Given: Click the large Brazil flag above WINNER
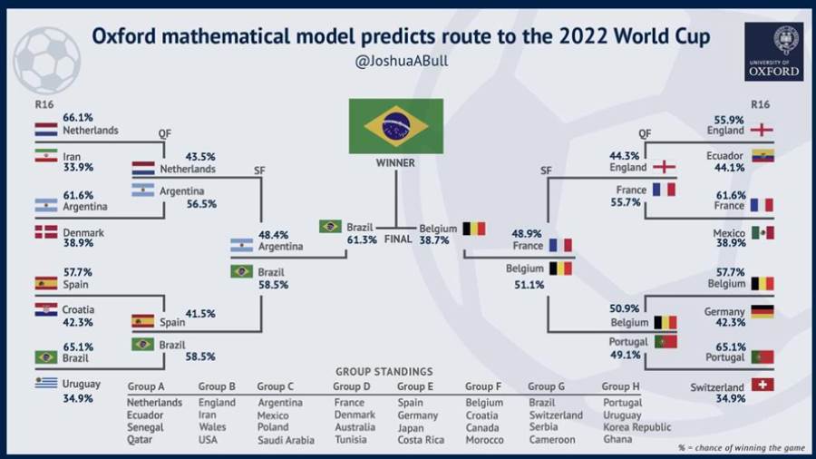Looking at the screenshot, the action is pyautogui.click(x=396, y=126).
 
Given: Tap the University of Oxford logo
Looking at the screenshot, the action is pyautogui.click(x=773, y=52).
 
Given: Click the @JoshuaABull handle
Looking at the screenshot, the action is pyautogui.click(x=402, y=61).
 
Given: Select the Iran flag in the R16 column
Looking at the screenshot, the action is pyautogui.click(x=46, y=155).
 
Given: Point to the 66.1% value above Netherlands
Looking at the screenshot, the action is pyautogui.click(x=78, y=118).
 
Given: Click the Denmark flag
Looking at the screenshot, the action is pyautogui.click(x=46, y=231).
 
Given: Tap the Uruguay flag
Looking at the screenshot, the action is pyautogui.click(x=46, y=383).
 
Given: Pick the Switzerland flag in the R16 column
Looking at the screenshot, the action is pyautogui.click(x=763, y=385).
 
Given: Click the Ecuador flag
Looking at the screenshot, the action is pyautogui.click(x=763, y=155).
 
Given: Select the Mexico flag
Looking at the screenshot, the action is pyautogui.click(x=763, y=232).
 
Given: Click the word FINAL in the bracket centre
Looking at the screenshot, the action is pyautogui.click(x=398, y=239).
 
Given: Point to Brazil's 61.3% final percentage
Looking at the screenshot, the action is pyautogui.click(x=362, y=239).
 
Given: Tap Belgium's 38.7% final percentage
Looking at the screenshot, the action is pyautogui.click(x=434, y=239).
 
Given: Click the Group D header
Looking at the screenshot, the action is pyautogui.click(x=352, y=386).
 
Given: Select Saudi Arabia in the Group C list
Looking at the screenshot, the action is pyautogui.click(x=286, y=440).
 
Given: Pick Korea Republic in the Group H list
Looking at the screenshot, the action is pyautogui.click(x=637, y=427).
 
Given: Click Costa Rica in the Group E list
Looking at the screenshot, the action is pyautogui.click(x=421, y=440).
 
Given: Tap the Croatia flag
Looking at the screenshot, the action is pyautogui.click(x=46, y=309).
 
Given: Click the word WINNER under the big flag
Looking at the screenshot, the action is pyautogui.click(x=395, y=163).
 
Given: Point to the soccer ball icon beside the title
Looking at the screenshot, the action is pyautogui.click(x=47, y=61).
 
